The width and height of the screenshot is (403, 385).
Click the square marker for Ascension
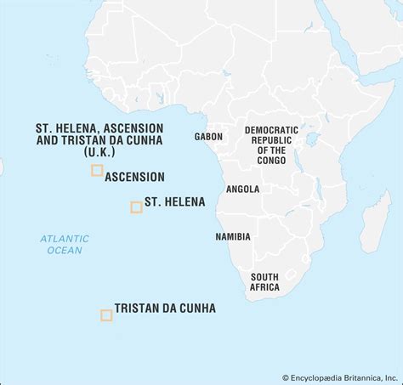pos(97,170)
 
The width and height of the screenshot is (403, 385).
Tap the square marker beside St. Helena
pos(136,207)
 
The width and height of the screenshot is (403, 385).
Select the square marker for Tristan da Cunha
pos(106,315)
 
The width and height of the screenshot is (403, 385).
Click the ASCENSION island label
pos(134,177)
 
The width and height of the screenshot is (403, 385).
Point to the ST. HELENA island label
pos(174,202)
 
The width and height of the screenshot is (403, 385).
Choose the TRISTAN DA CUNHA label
pos(165,309)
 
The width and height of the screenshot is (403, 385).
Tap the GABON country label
pos(208,136)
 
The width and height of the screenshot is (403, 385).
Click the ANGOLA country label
pos(242,189)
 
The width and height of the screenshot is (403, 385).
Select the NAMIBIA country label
pos(233,236)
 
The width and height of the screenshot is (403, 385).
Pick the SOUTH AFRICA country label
pos(264,282)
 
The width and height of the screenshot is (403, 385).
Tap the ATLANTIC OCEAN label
pos(65,244)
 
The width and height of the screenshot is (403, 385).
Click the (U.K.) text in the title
pos(99,151)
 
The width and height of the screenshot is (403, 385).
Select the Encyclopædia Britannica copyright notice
pos(341,377)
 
